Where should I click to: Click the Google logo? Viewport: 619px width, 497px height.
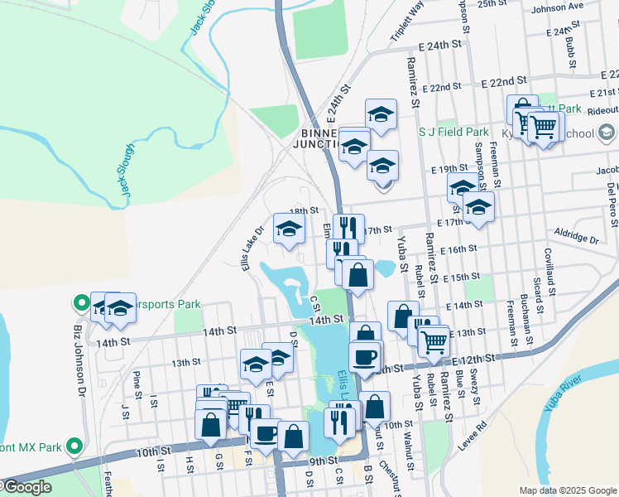(x=26, y=487)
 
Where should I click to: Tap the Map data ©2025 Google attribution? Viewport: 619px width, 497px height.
(x=568, y=490)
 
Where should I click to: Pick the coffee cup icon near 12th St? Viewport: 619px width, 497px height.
(x=364, y=357)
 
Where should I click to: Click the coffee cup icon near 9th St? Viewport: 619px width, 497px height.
(x=266, y=433)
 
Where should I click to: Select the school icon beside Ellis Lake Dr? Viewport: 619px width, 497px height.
(x=288, y=229)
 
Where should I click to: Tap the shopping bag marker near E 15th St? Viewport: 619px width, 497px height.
(x=357, y=276)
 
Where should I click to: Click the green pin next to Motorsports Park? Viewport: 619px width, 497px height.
(x=82, y=302)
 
